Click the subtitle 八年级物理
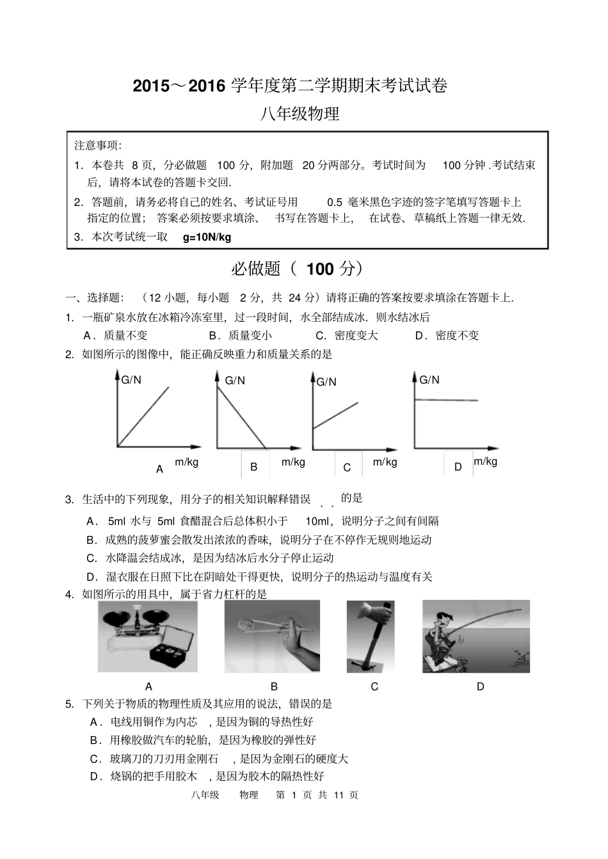tap(299, 114)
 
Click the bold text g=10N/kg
tap(207, 237)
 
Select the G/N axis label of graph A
tap(131, 380)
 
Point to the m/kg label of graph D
tap(485, 461)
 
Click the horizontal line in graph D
tap(447, 400)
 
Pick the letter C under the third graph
tap(347, 468)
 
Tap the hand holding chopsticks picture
tap(272, 636)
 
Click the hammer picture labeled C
tap(370, 636)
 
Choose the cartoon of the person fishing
tap(476, 636)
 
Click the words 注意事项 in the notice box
tap(98, 145)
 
